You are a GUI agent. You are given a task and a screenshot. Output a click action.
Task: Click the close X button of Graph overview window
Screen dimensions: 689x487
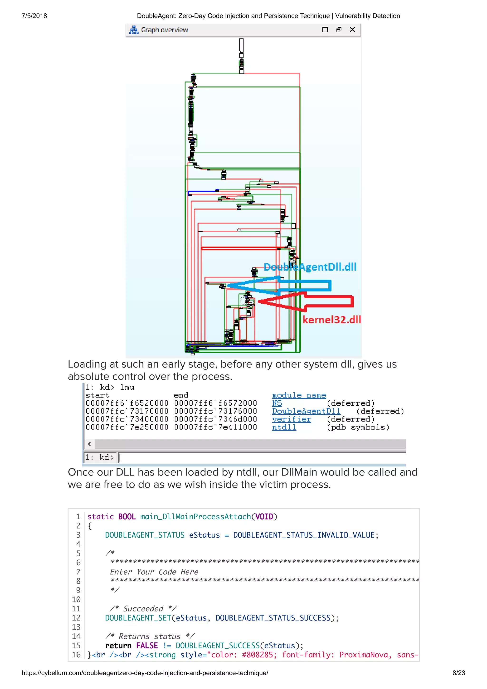click(352, 29)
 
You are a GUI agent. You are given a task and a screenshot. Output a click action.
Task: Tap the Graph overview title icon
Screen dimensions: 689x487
click(134, 30)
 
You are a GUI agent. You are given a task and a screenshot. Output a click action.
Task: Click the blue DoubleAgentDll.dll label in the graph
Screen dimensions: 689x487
click(310, 267)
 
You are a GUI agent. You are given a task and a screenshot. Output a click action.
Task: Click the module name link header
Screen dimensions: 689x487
click(299, 395)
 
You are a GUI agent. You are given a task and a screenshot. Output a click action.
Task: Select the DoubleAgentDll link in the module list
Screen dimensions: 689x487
click(306, 411)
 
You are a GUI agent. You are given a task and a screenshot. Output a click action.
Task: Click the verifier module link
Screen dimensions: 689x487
click(291, 419)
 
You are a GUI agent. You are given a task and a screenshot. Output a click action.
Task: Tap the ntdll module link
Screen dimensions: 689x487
click(284, 427)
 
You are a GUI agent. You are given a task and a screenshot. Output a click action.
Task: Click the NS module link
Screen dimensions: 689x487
click(277, 403)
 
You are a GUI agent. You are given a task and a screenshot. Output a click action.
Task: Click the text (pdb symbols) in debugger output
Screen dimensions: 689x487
click(358, 427)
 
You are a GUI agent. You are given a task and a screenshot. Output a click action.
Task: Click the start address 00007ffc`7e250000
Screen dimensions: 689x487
click(127, 427)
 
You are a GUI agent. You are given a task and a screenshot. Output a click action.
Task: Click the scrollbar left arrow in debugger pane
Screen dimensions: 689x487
click(89, 444)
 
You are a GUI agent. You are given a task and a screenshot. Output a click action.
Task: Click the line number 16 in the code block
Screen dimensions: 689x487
click(76, 655)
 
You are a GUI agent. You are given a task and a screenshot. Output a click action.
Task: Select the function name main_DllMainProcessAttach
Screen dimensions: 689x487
click(195, 516)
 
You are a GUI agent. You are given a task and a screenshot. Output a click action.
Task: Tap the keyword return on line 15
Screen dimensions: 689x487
click(118, 645)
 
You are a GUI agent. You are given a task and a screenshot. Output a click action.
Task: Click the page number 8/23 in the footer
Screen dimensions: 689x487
click(458, 673)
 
